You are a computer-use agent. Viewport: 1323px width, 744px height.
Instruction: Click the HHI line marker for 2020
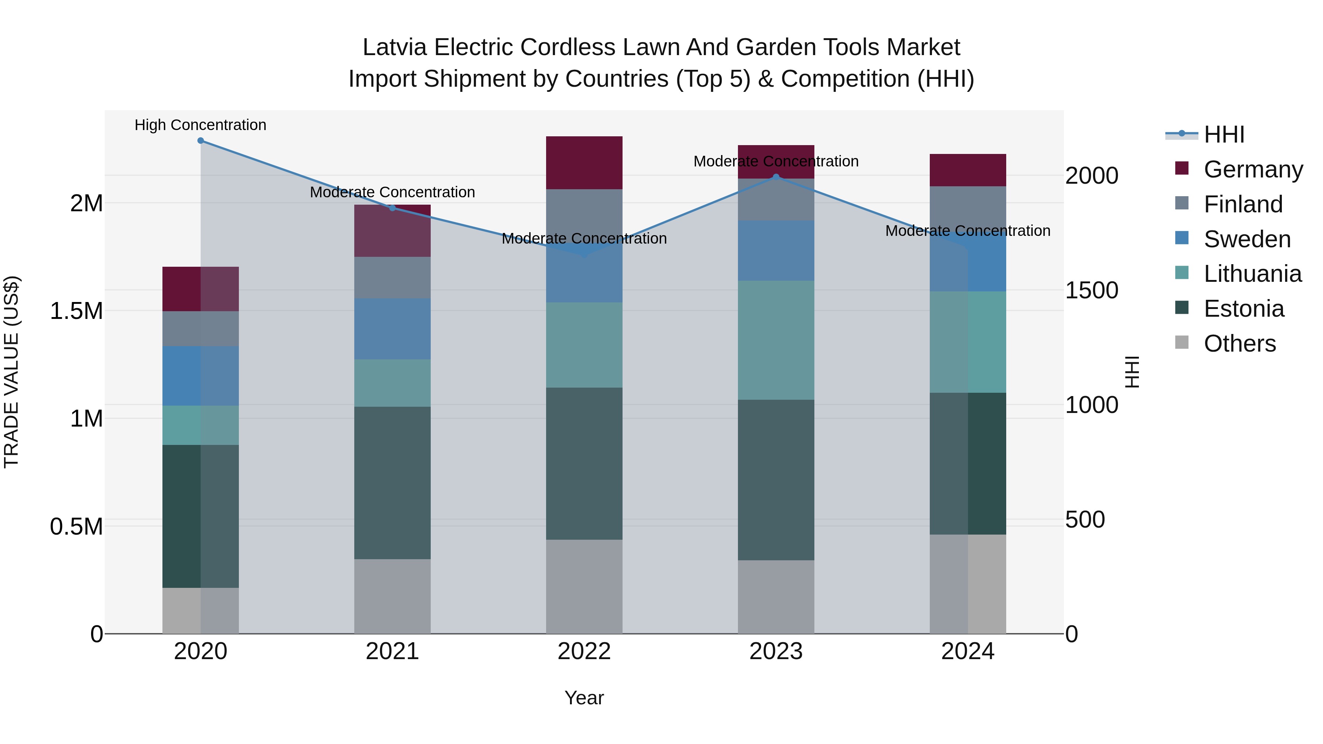coord(201,141)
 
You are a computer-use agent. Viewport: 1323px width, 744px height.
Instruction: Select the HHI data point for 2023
coord(776,177)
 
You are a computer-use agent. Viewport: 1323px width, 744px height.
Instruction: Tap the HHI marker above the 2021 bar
coord(392,208)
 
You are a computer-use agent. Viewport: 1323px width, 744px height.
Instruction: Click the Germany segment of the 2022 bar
coord(584,163)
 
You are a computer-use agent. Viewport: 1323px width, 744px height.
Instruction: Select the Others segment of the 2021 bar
coord(392,596)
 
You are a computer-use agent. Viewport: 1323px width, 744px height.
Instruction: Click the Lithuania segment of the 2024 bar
coord(968,342)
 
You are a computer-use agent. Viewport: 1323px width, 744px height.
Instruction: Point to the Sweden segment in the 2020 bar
coord(201,376)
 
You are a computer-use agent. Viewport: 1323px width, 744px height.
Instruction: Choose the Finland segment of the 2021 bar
coord(392,277)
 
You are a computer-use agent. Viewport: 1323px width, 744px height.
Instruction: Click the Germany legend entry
coord(1253,169)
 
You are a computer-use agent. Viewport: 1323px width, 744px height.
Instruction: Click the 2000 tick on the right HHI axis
coord(1091,176)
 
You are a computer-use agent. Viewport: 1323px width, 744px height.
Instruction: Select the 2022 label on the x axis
coord(584,651)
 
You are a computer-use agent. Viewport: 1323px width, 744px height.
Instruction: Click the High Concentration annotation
coord(200,125)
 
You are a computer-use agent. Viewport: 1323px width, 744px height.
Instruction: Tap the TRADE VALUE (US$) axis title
coord(11,372)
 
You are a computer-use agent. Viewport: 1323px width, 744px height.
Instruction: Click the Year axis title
coord(584,698)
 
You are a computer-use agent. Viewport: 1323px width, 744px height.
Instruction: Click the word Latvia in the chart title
coord(394,48)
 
